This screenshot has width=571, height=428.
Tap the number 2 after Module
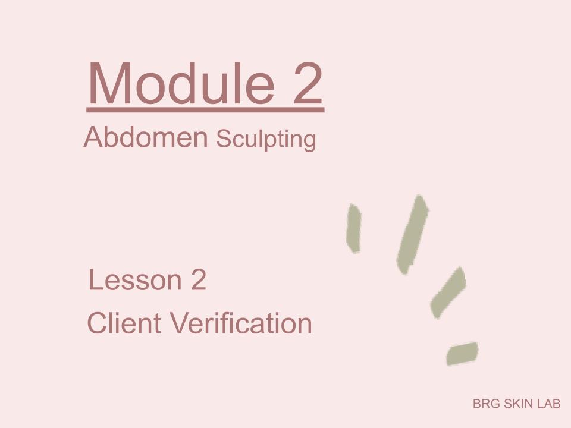pos(308,83)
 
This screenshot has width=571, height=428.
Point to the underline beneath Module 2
pos(205,109)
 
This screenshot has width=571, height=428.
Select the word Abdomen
pos(146,137)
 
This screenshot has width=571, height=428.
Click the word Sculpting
pos(266,139)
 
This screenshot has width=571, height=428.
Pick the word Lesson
pos(135,279)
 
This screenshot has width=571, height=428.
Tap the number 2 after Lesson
pos(199,279)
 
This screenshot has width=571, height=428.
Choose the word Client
pos(124,323)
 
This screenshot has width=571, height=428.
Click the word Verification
pos(241,323)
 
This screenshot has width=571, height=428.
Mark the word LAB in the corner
pos(549,404)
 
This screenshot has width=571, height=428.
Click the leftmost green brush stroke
pos(353,228)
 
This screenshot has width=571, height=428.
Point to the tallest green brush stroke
pos(413,234)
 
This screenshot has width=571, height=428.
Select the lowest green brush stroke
pos(463,353)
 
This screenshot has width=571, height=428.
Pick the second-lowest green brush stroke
pos(448,293)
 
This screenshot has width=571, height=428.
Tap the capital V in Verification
pos(181,322)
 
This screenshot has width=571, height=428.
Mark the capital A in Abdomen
pos(93,137)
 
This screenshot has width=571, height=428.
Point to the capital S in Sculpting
pos(223,139)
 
